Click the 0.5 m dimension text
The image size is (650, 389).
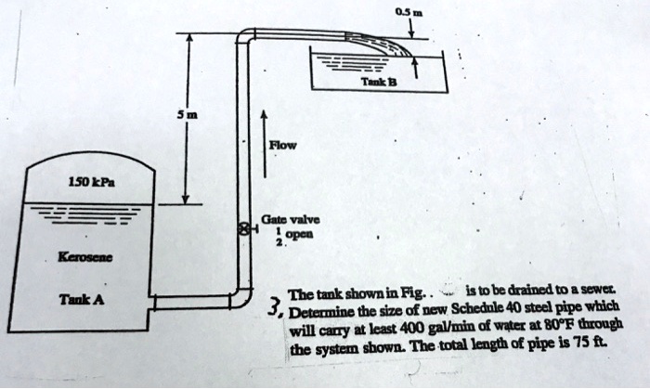tap(406, 10)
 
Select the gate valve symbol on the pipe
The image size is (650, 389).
tap(243, 226)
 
